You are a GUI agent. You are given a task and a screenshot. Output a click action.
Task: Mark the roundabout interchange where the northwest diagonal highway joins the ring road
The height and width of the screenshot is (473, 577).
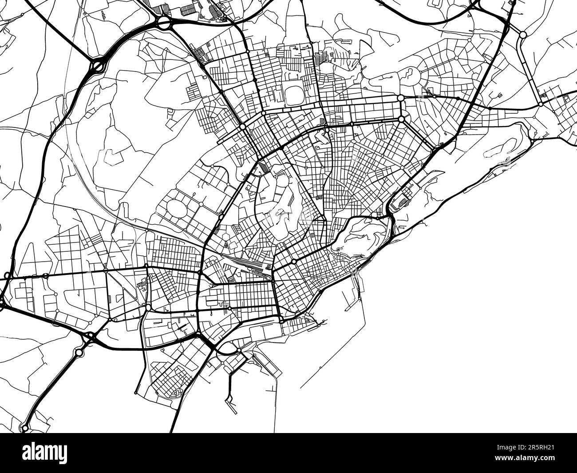[97, 67]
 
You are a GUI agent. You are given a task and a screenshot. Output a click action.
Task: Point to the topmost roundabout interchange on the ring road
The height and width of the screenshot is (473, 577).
[164, 23]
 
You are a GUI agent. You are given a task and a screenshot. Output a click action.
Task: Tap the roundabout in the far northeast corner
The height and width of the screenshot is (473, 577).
[523, 34]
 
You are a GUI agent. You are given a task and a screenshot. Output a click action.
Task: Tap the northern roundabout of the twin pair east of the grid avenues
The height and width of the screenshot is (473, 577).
[400, 98]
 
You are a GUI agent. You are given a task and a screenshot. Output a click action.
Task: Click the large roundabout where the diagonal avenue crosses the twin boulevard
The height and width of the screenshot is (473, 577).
[243, 127]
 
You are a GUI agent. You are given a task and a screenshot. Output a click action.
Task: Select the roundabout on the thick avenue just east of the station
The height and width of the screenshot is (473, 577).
[294, 262]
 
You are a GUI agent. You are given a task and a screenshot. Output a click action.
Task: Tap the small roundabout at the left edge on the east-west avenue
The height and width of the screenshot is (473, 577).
[7, 276]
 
